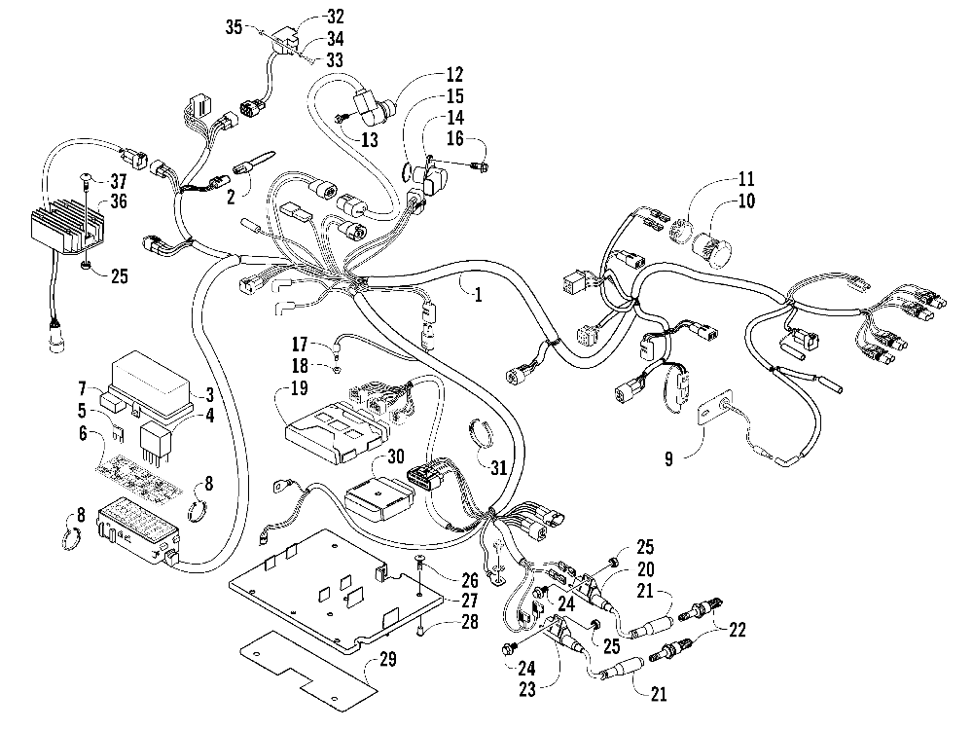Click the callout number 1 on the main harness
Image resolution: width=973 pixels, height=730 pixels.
coord(477,292)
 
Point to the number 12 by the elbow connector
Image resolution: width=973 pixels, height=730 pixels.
coord(454,74)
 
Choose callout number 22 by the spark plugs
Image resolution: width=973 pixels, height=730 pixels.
coord(738,631)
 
